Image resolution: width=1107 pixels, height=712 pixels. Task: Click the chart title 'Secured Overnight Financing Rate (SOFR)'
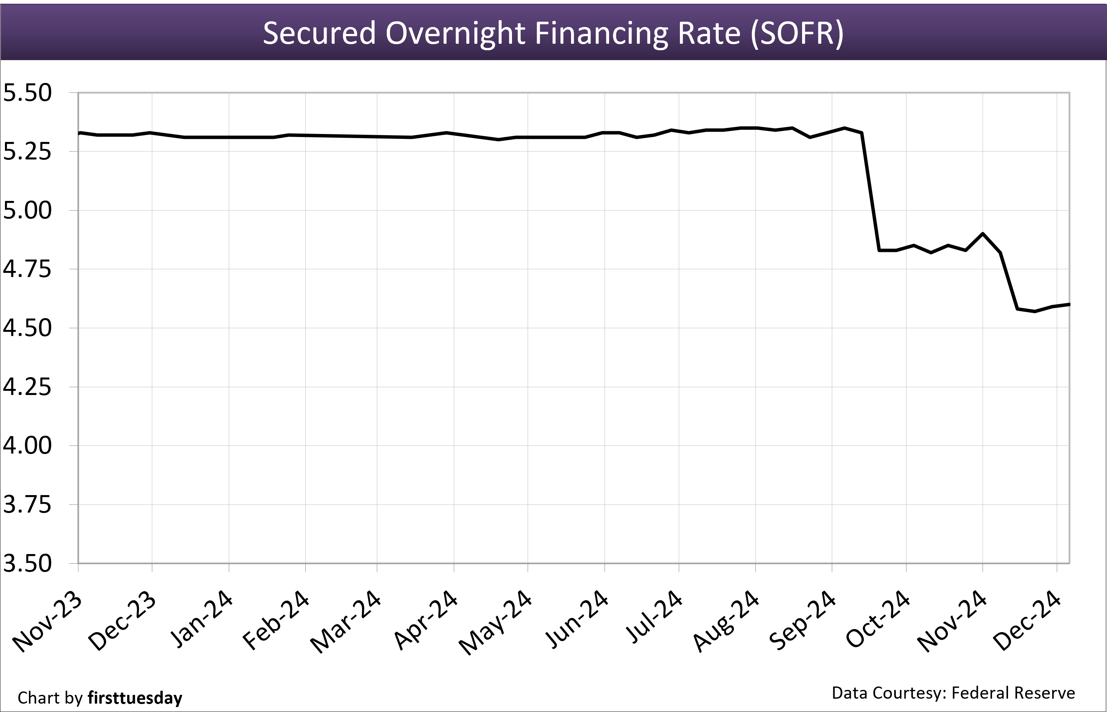point(553,33)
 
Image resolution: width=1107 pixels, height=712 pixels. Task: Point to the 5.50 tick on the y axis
point(27,93)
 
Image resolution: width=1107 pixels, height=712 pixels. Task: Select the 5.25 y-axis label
point(27,151)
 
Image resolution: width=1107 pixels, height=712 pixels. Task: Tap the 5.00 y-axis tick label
point(27,210)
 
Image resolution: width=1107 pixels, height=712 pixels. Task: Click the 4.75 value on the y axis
point(27,269)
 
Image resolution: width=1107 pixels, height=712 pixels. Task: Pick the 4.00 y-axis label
point(27,445)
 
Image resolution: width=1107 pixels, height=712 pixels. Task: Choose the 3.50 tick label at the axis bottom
point(27,563)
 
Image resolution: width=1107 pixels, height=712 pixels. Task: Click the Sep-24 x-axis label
point(802,620)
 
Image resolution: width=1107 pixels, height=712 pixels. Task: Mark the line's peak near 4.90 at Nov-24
point(983,234)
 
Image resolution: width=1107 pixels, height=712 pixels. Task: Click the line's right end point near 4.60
point(1069,304)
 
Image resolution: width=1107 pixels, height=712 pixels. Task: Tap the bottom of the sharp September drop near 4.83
point(879,250)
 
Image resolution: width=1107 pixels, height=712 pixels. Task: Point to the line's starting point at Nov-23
point(80,133)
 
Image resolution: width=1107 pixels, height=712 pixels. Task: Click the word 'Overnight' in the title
point(455,33)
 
